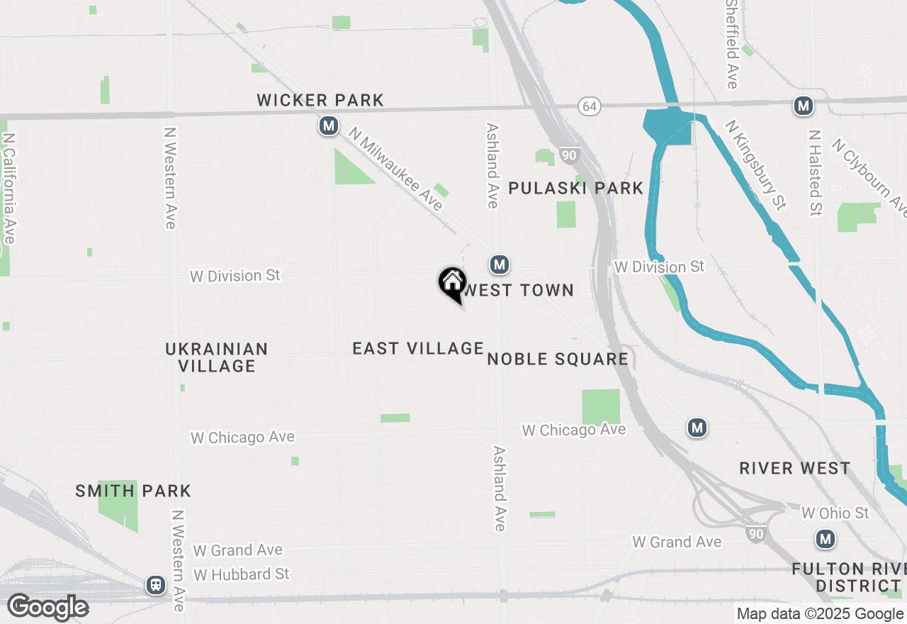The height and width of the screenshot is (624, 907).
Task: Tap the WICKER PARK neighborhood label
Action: (x=320, y=101)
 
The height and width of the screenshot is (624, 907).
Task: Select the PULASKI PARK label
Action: (x=576, y=188)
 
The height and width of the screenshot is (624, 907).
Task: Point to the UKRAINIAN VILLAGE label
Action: (x=217, y=357)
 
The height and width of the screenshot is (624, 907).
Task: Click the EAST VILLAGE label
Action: (x=418, y=348)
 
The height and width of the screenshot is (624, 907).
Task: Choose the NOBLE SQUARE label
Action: (x=558, y=359)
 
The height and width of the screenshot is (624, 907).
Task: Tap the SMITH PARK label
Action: (x=133, y=491)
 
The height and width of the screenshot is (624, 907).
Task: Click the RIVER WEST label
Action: (x=794, y=468)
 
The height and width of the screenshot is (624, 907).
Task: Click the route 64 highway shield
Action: (x=589, y=106)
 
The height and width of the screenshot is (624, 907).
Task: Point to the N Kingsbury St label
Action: (x=755, y=165)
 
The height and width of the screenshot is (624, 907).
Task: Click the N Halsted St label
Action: (x=816, y=172)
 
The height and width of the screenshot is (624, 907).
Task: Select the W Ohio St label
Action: (x=835, y=512)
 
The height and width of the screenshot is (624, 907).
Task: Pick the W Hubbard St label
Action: (x=242, y=574)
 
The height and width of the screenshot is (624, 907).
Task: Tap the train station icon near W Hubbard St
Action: (x=155, y=584)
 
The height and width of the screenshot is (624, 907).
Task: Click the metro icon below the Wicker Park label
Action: (x=328, y=126)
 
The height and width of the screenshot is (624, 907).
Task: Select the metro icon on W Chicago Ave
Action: (x=697, y=428)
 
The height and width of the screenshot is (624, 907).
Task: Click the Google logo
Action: (x=47, y=607)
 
